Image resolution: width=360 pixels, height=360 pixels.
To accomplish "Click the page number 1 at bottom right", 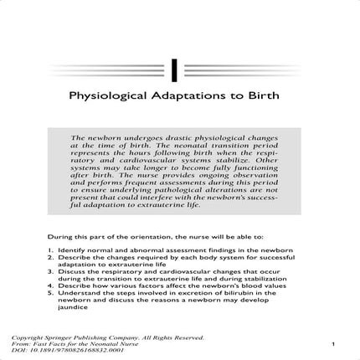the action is pyautogui.click(x=332, y=342).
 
